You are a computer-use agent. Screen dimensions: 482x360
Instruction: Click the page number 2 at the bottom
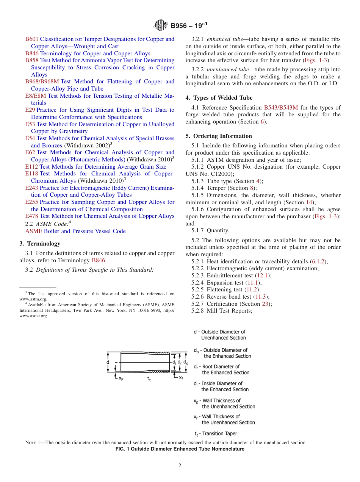coord(180,466)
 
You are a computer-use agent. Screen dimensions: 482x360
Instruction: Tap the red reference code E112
coord(31,167)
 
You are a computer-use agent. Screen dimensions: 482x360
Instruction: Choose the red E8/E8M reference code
coord(36,96)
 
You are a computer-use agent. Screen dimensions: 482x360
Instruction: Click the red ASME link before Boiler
coord(34,231)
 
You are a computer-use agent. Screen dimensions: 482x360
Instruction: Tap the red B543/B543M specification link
coord(281,108)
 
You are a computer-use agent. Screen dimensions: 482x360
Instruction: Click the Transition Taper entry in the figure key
coord(216,433)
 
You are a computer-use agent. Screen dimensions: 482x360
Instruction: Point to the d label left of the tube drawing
coord(108,362)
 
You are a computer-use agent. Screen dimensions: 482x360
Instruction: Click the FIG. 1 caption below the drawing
coord(180,449)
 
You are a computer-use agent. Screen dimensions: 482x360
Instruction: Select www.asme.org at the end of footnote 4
coord(34,316)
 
